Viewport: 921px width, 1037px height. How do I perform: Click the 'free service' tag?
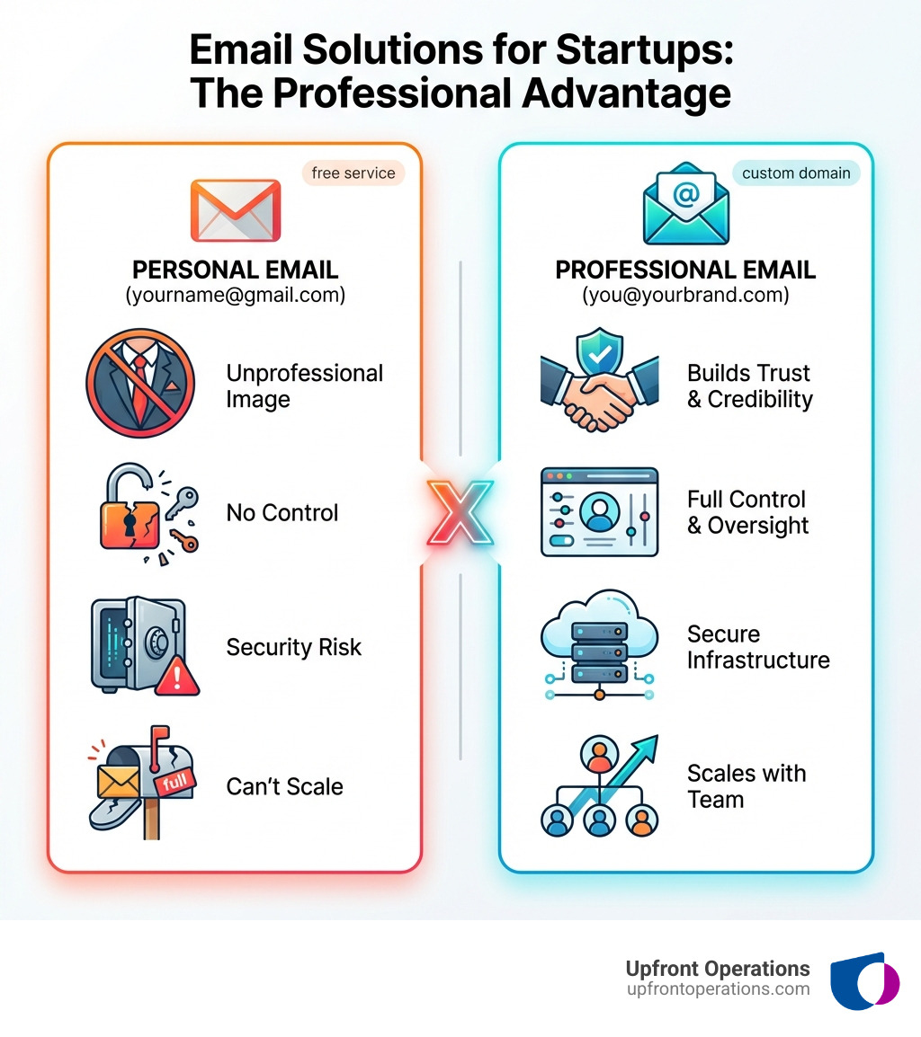pos(353,173)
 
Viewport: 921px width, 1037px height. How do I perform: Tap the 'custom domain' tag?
pos(796,173)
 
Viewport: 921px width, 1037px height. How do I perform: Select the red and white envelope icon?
pos(236,210)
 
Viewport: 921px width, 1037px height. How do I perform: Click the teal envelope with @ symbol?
pos(685,205)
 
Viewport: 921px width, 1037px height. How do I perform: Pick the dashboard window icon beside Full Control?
pos(599,512)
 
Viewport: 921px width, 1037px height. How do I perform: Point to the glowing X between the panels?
pos(460,511)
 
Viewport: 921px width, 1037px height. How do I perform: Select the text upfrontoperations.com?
pos(718,989)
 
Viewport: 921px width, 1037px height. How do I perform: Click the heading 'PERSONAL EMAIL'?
pos(236,270)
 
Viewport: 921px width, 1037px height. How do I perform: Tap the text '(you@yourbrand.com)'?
pos(685,295)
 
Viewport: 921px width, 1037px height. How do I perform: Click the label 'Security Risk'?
pos(293,647)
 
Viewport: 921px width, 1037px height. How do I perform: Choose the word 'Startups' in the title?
pos(632,51)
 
